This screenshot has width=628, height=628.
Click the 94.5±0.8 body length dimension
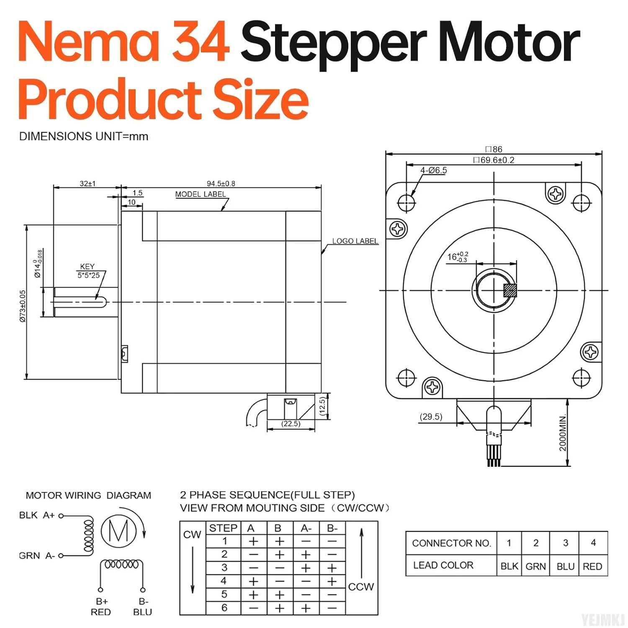click(221, 183)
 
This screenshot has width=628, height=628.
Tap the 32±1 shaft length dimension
click(88, 183)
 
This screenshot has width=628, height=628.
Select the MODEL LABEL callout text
click(200, 194)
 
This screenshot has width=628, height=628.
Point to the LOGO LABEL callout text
click(355, 241)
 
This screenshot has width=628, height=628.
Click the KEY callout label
click(87, 267)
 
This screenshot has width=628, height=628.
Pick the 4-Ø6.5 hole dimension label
click(433, 170)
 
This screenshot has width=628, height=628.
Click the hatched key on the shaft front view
click(510, 291)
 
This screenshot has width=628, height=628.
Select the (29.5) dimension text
click(431, 417)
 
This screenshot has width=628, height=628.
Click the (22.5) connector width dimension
click(291, 424)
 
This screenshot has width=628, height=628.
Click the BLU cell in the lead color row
click(565, 566)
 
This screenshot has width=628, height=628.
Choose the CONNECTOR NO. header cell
click(451, 543)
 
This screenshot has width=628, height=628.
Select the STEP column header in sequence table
click(223, 528)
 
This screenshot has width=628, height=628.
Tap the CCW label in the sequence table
click(360, 587)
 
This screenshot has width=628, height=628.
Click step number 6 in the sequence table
click(224, 607)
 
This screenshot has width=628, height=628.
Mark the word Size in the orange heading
click(260, 100)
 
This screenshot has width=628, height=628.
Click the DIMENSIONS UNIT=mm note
click(83, 136)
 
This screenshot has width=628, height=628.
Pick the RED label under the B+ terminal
click(100, 612)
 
